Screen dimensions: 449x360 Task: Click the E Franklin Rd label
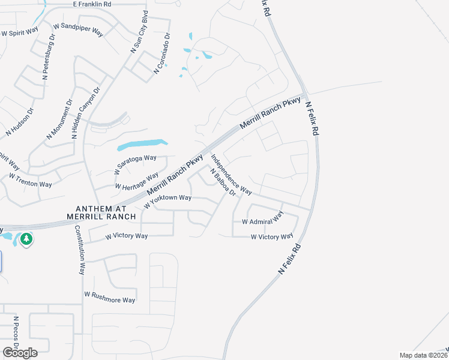(x=92, y=4)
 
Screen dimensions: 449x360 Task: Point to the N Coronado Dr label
(x=162, y=53)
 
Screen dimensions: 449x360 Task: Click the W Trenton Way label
(x=30, y=180)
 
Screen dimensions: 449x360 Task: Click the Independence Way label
(x=231, y=175)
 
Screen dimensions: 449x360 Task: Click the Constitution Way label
(x=80, y=250)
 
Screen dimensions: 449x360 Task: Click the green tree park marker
(x=26, y=239)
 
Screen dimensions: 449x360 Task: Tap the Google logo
(x=20, y=353)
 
